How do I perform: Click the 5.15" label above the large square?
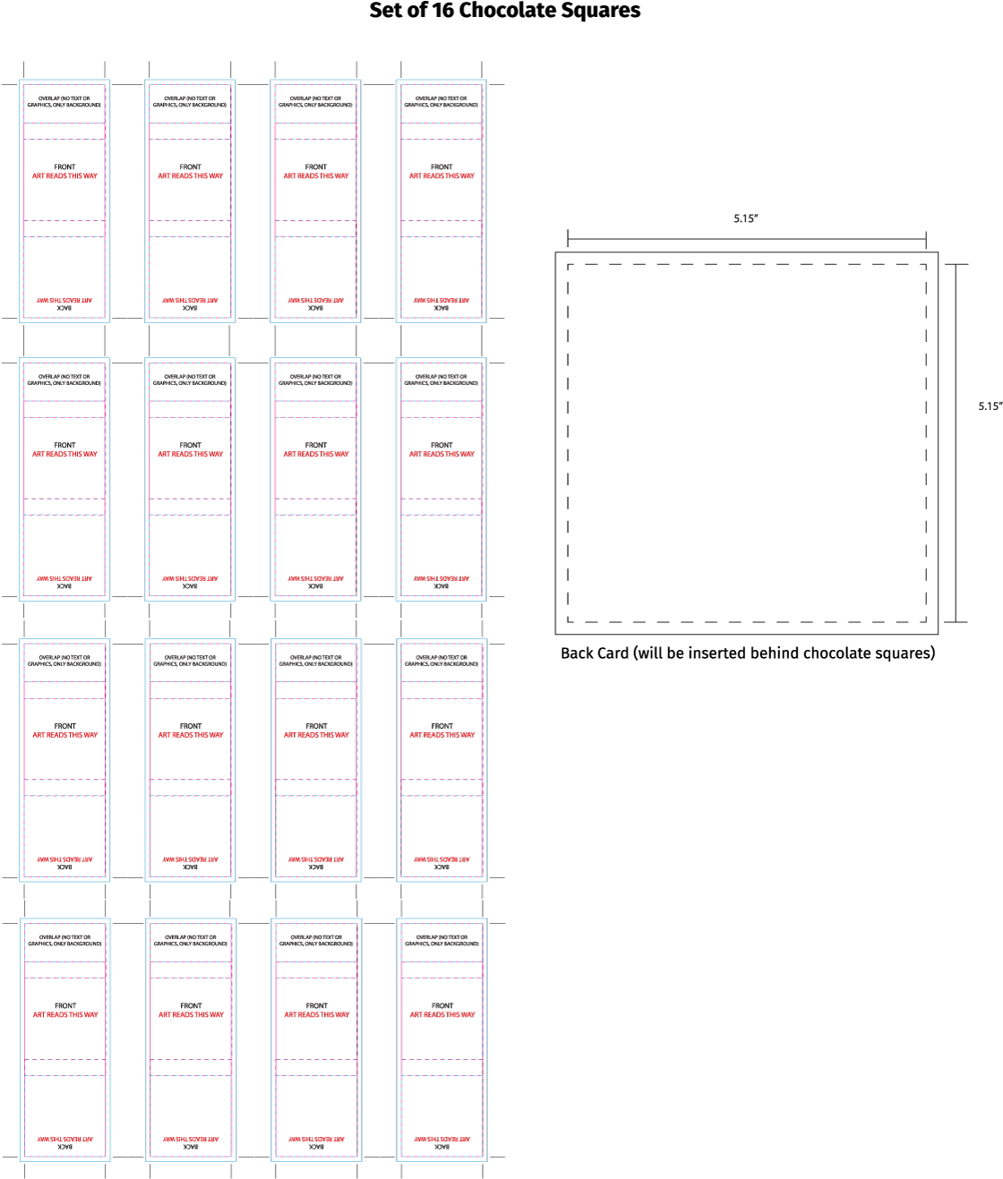745,219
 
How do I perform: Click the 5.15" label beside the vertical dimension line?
990,406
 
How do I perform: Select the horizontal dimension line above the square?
746,239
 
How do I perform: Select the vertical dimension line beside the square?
956,442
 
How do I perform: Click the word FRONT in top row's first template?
65,167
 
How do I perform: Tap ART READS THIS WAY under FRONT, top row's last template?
441,176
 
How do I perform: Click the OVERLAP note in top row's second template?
190,102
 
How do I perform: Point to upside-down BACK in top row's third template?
315,308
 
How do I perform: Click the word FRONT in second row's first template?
65,445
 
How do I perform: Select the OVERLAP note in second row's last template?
441,380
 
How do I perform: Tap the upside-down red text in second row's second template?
190,578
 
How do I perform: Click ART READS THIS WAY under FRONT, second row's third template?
316,454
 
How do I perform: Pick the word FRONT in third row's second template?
191,726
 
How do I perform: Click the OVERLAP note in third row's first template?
64,661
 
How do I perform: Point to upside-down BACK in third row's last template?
441,867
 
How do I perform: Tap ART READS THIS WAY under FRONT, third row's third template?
316,735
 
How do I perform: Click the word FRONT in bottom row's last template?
442,1006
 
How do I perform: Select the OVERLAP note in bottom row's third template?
316,941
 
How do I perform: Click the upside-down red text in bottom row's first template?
64,1140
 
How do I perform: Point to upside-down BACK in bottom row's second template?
191,1147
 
